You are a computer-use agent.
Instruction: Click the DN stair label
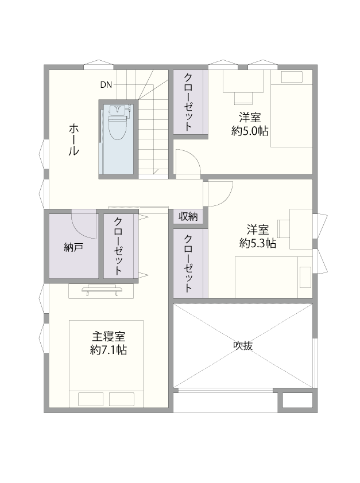pyautogui.click(x=106, y=85)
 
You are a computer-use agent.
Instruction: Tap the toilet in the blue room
pyautogui.click(x=117, y=122)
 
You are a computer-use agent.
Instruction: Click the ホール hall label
pyautogui.click(x=73, y=139)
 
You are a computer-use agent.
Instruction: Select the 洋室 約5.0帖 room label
pyautogui.click(x=250, y=124)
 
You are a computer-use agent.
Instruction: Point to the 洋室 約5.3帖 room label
pyautogui.click(x=257, y=236)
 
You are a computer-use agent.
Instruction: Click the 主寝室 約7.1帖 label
pyautogui.click(x=109, y=343)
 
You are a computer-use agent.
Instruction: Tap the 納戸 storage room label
pyautogui.click(x=73, y=247)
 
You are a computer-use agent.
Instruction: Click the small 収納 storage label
pyautogui.click(x=188, y=217)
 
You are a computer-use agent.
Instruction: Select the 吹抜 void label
pyautogui.click(x=243, y=346)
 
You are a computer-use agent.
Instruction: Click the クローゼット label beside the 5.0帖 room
pyautogui.click(x=188, y=102)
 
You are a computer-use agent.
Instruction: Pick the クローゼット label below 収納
pyautogui.click(x=188, y=264)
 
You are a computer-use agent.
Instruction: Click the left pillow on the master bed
pyautogui.click(x=90, y=399)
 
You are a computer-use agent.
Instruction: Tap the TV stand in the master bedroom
pyautogui.click(x=101, y=290)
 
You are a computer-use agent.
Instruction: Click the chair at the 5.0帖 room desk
pyautogui.click(x=243, y=98)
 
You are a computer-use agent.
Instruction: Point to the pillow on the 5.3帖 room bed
pyautogui.click(x=305, y=277)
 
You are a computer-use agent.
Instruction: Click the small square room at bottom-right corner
pyautogui.click(x=297, y=401)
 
